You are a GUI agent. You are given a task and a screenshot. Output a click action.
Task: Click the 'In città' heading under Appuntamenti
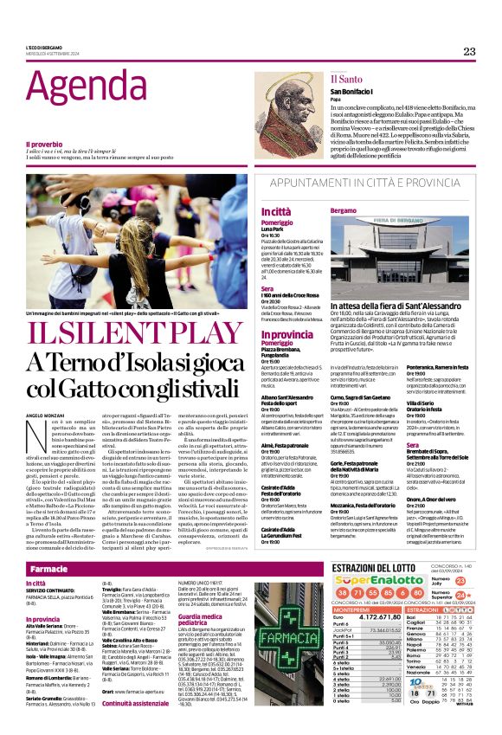(274, 211)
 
